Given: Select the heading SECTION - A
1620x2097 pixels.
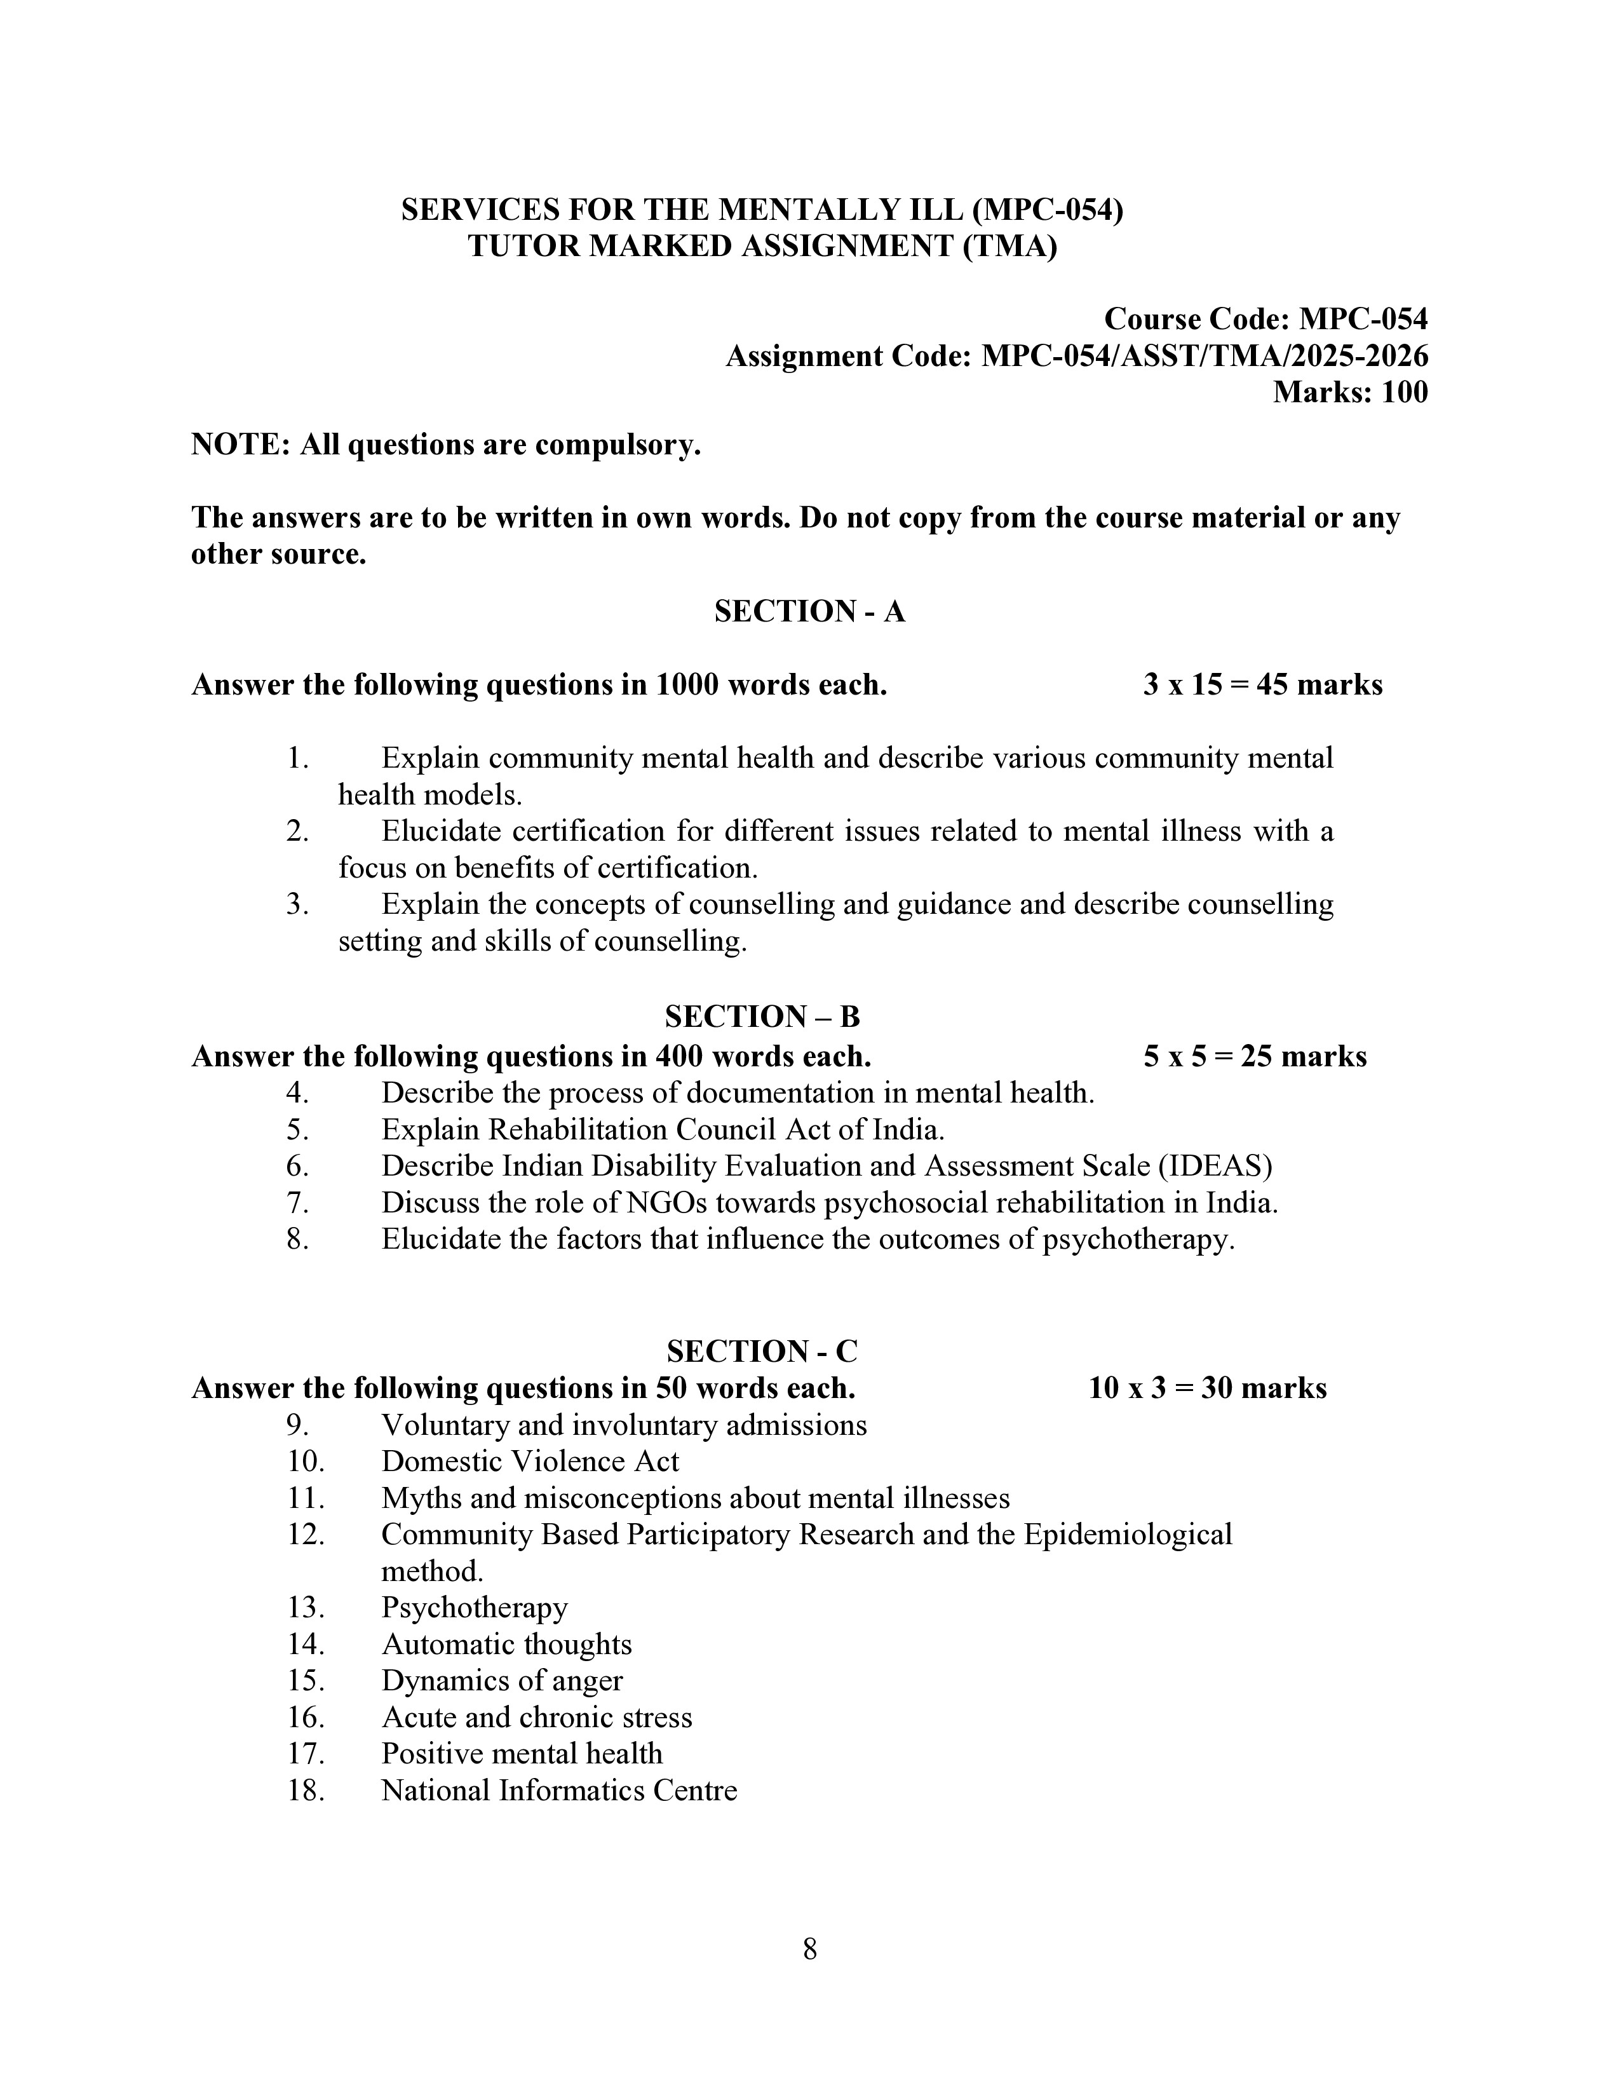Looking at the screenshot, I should click(x=809, y=611).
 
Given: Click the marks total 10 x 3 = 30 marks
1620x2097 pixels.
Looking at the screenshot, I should click(x=1207, y=1388).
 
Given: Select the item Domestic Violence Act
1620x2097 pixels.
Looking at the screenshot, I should click(x=530, y=1462).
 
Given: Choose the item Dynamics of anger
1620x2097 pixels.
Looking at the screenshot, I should click(x=502, y=1681).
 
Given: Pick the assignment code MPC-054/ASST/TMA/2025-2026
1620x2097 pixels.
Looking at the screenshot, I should click(x=1203, y=356).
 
